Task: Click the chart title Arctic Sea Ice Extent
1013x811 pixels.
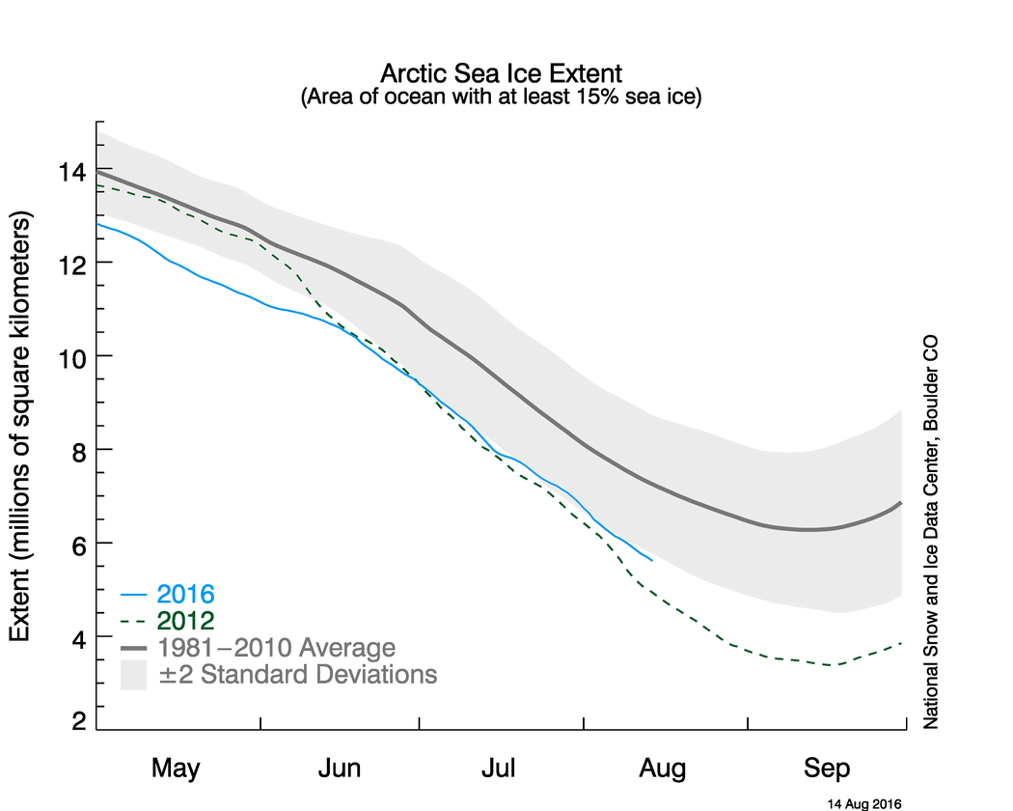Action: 502,73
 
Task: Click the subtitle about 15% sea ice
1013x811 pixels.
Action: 502,98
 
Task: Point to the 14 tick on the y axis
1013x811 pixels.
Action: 73,172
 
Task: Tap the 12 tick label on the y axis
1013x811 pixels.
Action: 73,264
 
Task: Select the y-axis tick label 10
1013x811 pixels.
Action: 73,357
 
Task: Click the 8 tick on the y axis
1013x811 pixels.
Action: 78,451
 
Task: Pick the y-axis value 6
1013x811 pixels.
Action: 78,545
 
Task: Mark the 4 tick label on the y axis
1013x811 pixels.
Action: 78,638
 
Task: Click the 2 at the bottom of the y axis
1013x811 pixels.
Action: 78,719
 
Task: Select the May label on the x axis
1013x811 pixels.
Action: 176,769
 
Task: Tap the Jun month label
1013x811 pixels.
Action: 340,769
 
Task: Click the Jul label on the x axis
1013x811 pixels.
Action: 500,769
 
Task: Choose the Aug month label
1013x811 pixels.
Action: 663,769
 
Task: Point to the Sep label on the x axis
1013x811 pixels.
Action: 828,769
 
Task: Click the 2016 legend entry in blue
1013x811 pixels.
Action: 186,593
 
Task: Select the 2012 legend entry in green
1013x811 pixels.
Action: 186,620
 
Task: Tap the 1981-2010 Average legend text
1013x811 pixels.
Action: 277,647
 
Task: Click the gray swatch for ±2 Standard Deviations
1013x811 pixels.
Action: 133,674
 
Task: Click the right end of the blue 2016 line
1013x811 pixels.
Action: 652,560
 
